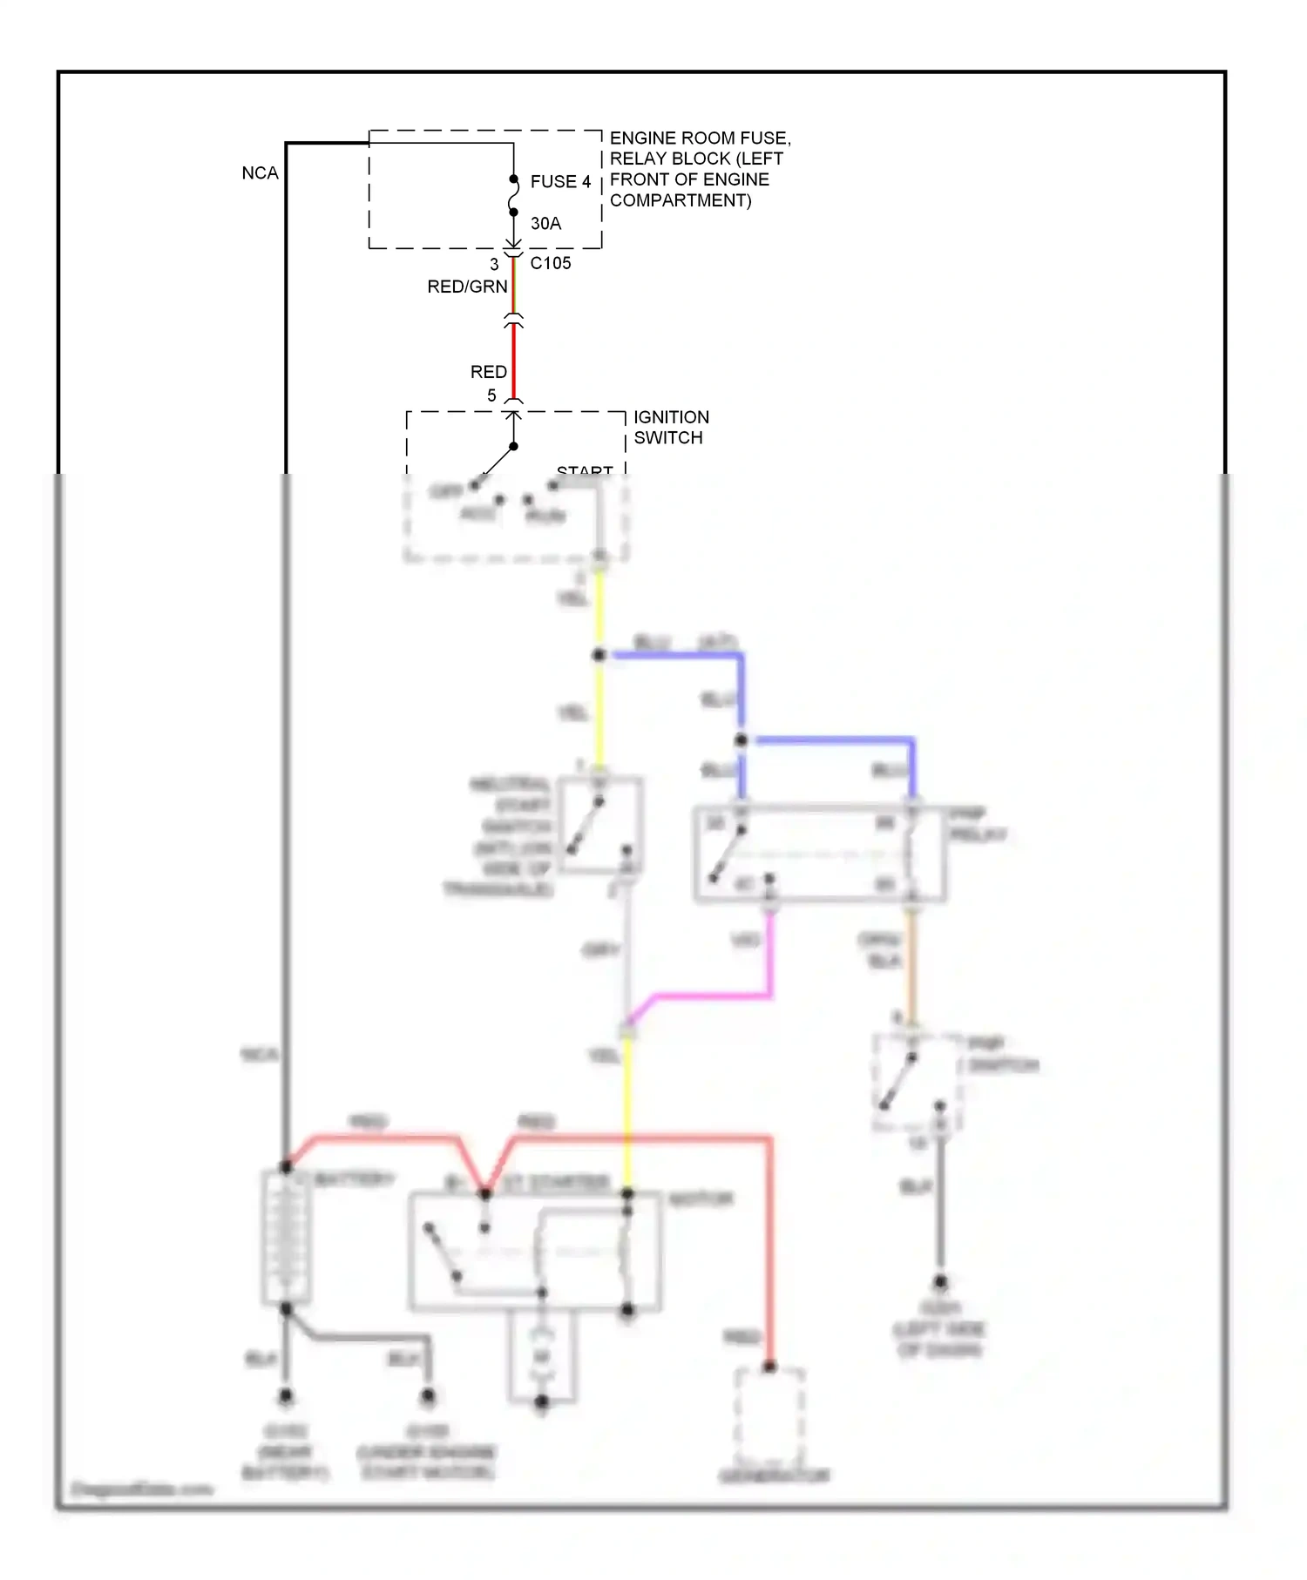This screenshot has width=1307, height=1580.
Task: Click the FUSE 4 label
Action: click(x=559, y=182)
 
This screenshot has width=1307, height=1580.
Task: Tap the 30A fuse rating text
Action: click(x=545, y=224)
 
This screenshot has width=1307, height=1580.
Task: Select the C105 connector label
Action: click(x=550, y=263)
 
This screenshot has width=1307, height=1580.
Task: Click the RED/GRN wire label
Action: click(x=466, y=287)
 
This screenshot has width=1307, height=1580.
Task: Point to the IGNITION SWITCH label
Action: click(x=670, y=427)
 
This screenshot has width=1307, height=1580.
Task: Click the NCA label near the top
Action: click(x=260, y=173)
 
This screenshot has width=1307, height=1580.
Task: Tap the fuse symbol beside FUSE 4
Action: click(x=513, y=196)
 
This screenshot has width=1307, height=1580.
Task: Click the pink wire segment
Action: click(x=714, y=995)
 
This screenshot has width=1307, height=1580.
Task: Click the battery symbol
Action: click(x=286, y=1237)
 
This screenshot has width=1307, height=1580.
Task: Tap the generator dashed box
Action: click(x=769, y=1415)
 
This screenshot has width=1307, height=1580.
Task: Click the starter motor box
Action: click(x=535, y=1252)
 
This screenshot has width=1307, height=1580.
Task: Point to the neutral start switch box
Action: click(x=600, y=825)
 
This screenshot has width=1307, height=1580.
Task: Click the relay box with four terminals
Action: click(x=819, y=854)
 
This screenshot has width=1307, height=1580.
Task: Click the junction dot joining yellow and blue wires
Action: click(x=599, y=655)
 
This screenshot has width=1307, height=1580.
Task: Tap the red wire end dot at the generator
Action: click(x=769, y=1367)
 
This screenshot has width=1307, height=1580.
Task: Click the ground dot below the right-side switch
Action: click(x=940, y=1282)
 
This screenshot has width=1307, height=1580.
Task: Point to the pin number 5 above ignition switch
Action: click(x=491, y=395)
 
